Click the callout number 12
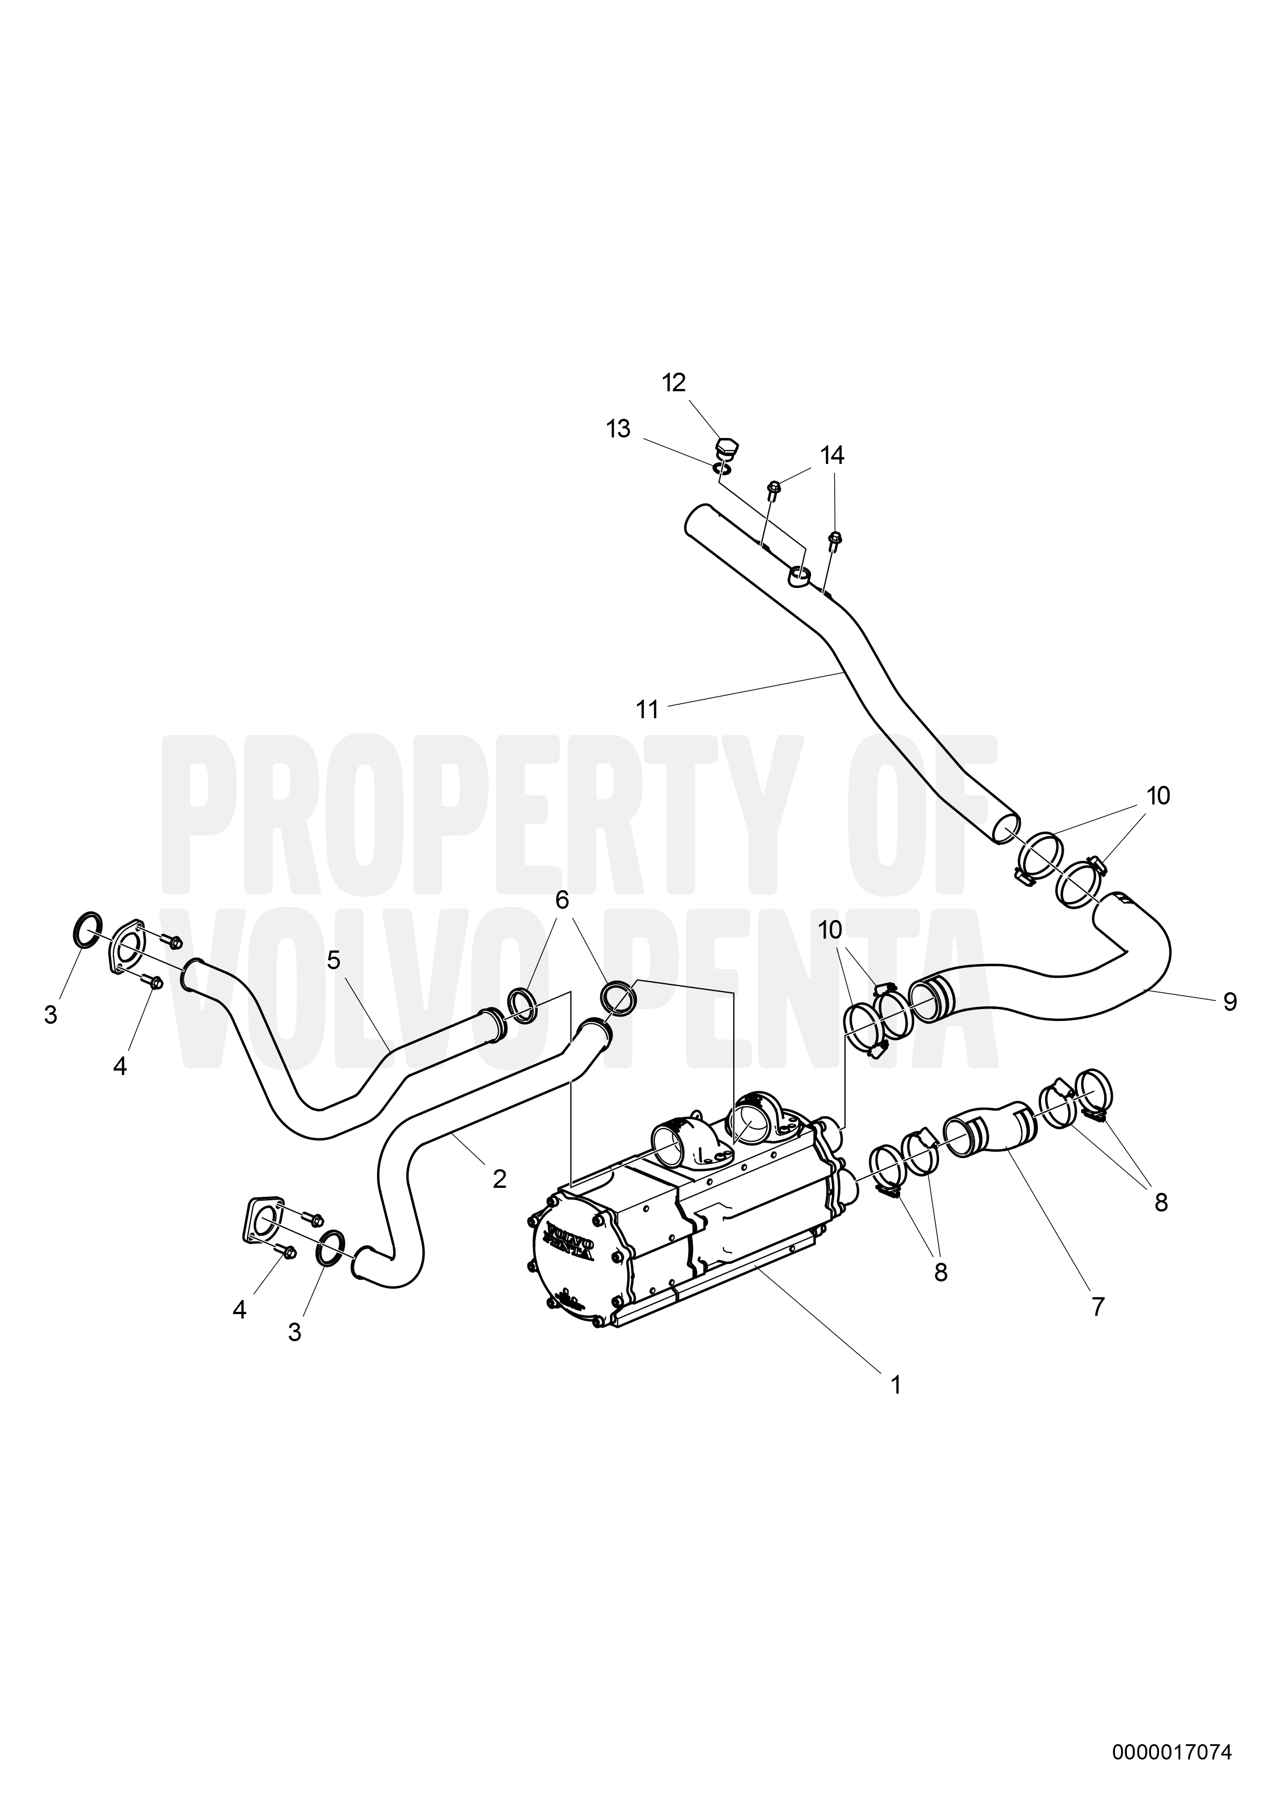pos(673,383)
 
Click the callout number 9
pos(1230,1002)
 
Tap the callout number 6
pos(562,900)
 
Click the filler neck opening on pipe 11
pos(799,577)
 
